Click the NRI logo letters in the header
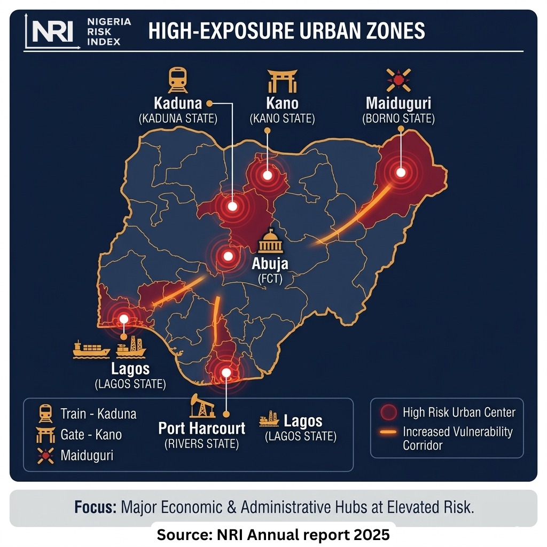[52, 32]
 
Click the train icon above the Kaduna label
[177, 80]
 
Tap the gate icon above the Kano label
[282, 81]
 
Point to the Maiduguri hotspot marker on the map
[400, 172]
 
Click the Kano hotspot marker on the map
[267, 175]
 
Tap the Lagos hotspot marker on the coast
[123, 319]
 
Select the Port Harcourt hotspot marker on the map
[226, 372]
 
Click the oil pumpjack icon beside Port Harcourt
[201, 405]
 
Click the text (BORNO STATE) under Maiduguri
[398, 119]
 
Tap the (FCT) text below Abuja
[270, 279]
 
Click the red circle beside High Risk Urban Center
[388, 412]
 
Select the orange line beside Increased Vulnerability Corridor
[388, 432]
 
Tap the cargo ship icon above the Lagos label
[91, 350]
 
